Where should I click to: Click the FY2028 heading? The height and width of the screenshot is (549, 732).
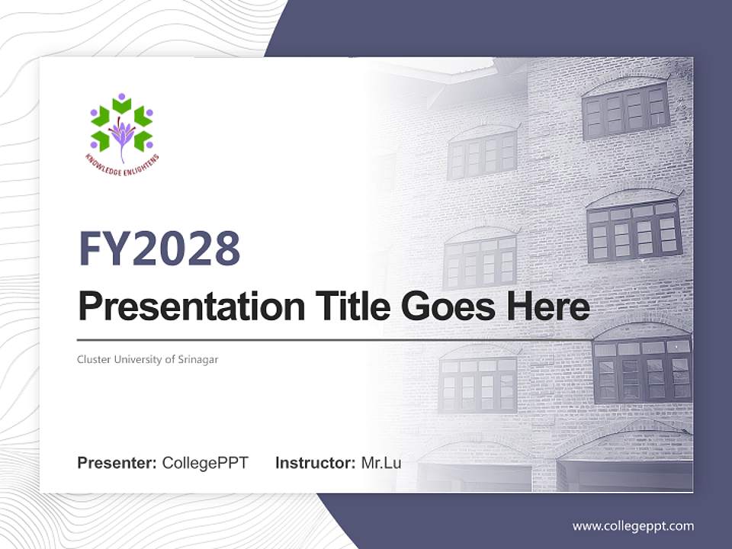[159, 248]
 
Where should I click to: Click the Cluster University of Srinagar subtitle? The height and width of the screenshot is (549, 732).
[147, 359]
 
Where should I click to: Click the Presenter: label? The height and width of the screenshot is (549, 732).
[117, 463]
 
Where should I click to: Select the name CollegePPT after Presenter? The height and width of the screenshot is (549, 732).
[205, 463]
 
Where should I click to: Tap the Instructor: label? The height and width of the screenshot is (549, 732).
[315, 463]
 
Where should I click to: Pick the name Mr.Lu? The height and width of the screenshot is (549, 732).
[381, 463]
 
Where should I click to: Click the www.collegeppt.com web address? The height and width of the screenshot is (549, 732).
[633, 525]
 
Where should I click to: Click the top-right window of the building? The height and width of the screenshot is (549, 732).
[625, 111]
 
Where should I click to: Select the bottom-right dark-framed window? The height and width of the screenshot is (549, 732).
[642, 371]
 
